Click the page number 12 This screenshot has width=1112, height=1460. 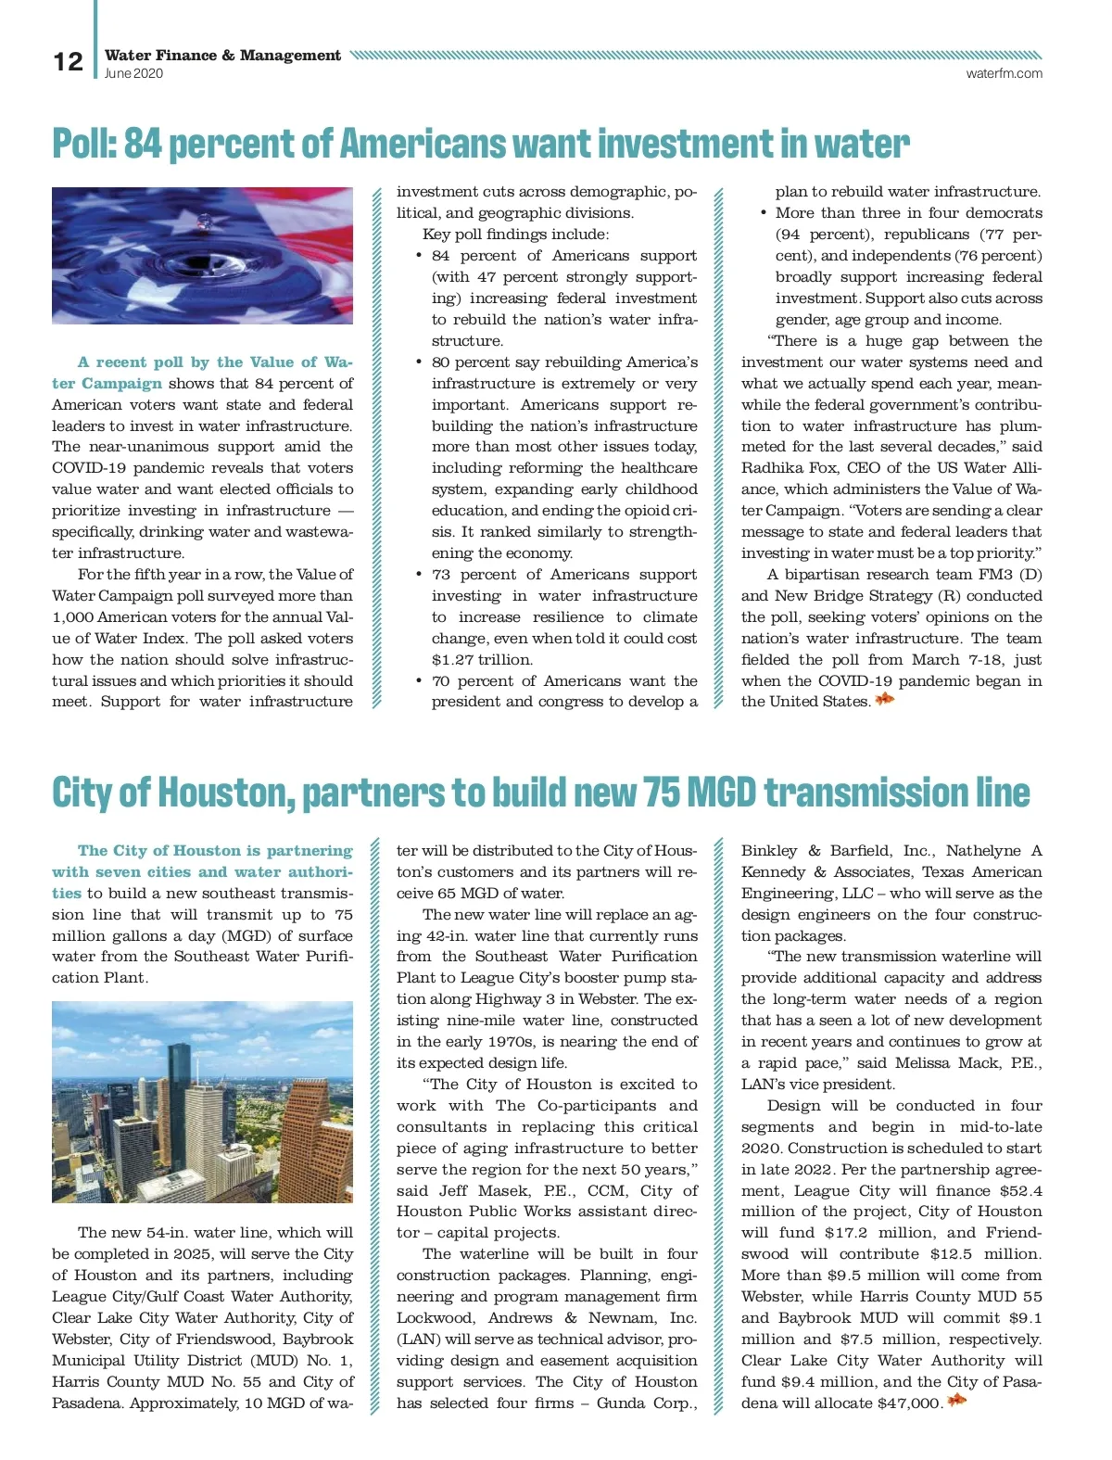[68, 61]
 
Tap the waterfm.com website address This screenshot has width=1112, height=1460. [1004, 73]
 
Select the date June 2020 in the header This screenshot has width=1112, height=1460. [133, 73]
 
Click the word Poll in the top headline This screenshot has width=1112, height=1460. [82, 144]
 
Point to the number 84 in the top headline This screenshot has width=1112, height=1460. [142, 144]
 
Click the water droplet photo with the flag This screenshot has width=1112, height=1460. [202, 255]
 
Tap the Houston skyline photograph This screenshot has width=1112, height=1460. [202, 1101]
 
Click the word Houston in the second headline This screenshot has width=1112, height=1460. [225, 793]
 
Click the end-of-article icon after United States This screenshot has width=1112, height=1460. [885, 700]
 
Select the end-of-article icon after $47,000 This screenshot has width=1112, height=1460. [956, 1401]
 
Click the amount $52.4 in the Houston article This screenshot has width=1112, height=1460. [1021, 1191]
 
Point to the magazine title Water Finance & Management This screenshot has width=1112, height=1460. [222, 56]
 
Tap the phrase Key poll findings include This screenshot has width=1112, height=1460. [515, 235]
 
